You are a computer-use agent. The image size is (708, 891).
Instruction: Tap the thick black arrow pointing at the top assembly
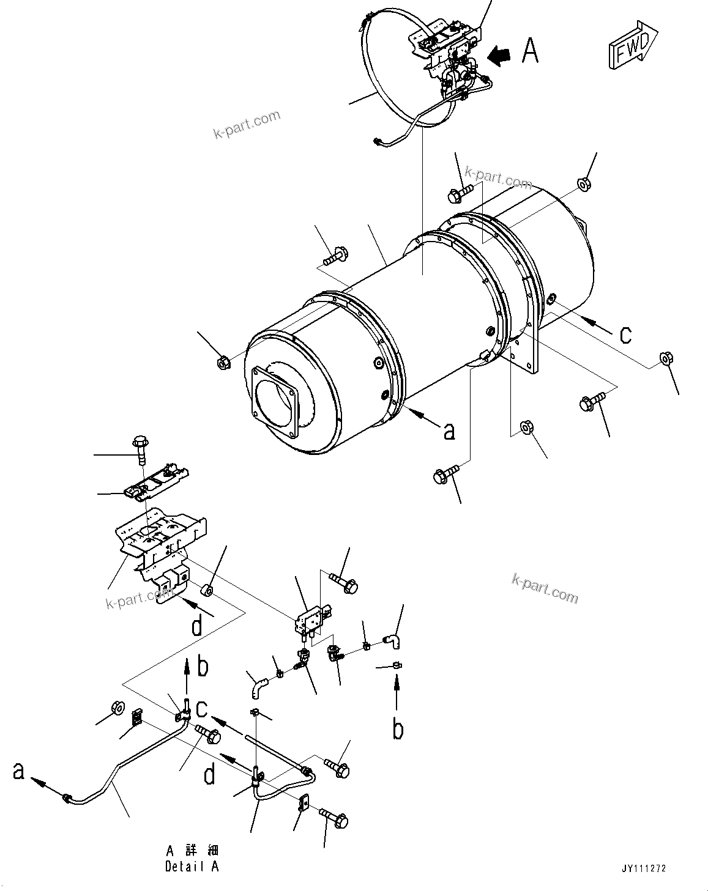click(x=499, y=56)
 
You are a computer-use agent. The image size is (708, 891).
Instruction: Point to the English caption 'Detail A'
click(x=192, y=866)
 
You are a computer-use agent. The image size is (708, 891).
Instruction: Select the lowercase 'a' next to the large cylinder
click(x=449, y=431)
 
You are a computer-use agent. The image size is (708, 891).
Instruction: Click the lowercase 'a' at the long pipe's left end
click(x=19, y=772)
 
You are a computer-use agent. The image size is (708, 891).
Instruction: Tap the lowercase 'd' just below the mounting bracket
click(x=196, y=626)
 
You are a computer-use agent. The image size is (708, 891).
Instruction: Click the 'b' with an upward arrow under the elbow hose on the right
click(x=398, y=729)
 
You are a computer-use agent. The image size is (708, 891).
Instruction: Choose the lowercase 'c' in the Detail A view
click(x=203, y=709)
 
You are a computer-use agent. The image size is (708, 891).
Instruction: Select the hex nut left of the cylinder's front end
click(x=223, y=363)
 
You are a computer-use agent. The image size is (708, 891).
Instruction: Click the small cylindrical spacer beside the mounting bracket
click(x=207, y=591)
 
